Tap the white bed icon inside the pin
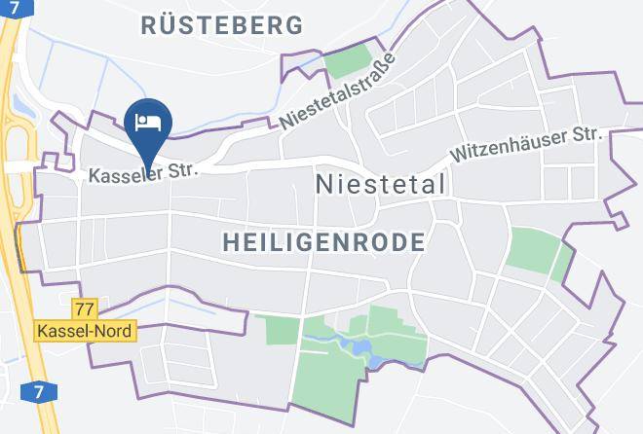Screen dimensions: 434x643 coord(149,122)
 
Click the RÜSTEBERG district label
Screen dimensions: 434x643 coord(221,25)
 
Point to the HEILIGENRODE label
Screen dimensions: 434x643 coord(323,241)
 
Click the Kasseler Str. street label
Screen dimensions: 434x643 coord(143,173)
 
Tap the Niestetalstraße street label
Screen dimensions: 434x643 coord(337,93)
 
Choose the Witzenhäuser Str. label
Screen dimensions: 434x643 coord(526,144)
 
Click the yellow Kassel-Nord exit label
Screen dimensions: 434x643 coord(83,331)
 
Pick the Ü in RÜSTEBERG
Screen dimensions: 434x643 coord(170,25)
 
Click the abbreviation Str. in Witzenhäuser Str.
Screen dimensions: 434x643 coord(587,133)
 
